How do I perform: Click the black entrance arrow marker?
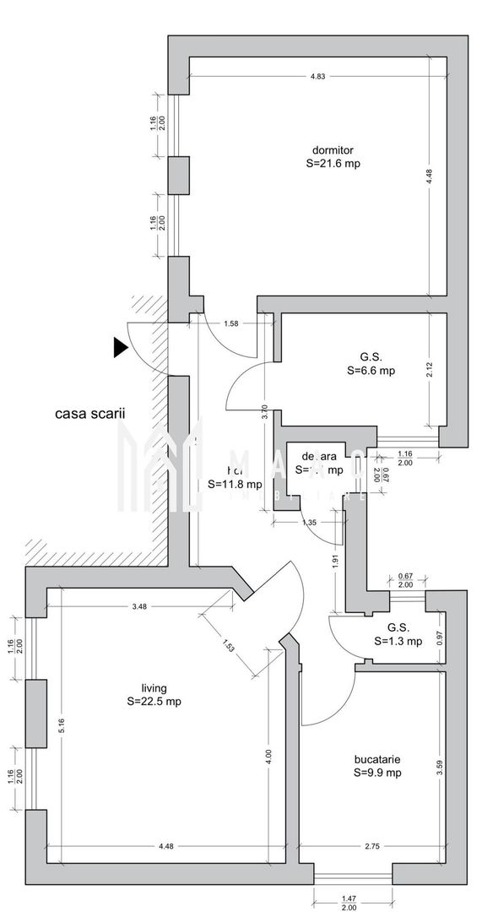pyautogui.click(x=120, y=346)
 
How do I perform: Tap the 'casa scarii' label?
pyautogui.click(x=90, y=414)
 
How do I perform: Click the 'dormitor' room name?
pyautogui.click(x=333, y=149)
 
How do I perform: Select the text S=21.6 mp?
pyautogui.click(x=333, y=164)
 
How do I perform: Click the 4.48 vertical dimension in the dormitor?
pyautogui.click(x=429, y=176)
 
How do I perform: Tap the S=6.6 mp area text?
pyautogui.click(x=371, y=370)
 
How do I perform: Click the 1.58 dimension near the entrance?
pyautogui.click(x=231, y=323)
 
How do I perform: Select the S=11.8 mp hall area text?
pyautogui.click(x=235, y=485)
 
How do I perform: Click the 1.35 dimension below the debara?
pyautogui.click(x=309, y=523)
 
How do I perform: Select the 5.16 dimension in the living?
pyautogui.click(x=61, y=725)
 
